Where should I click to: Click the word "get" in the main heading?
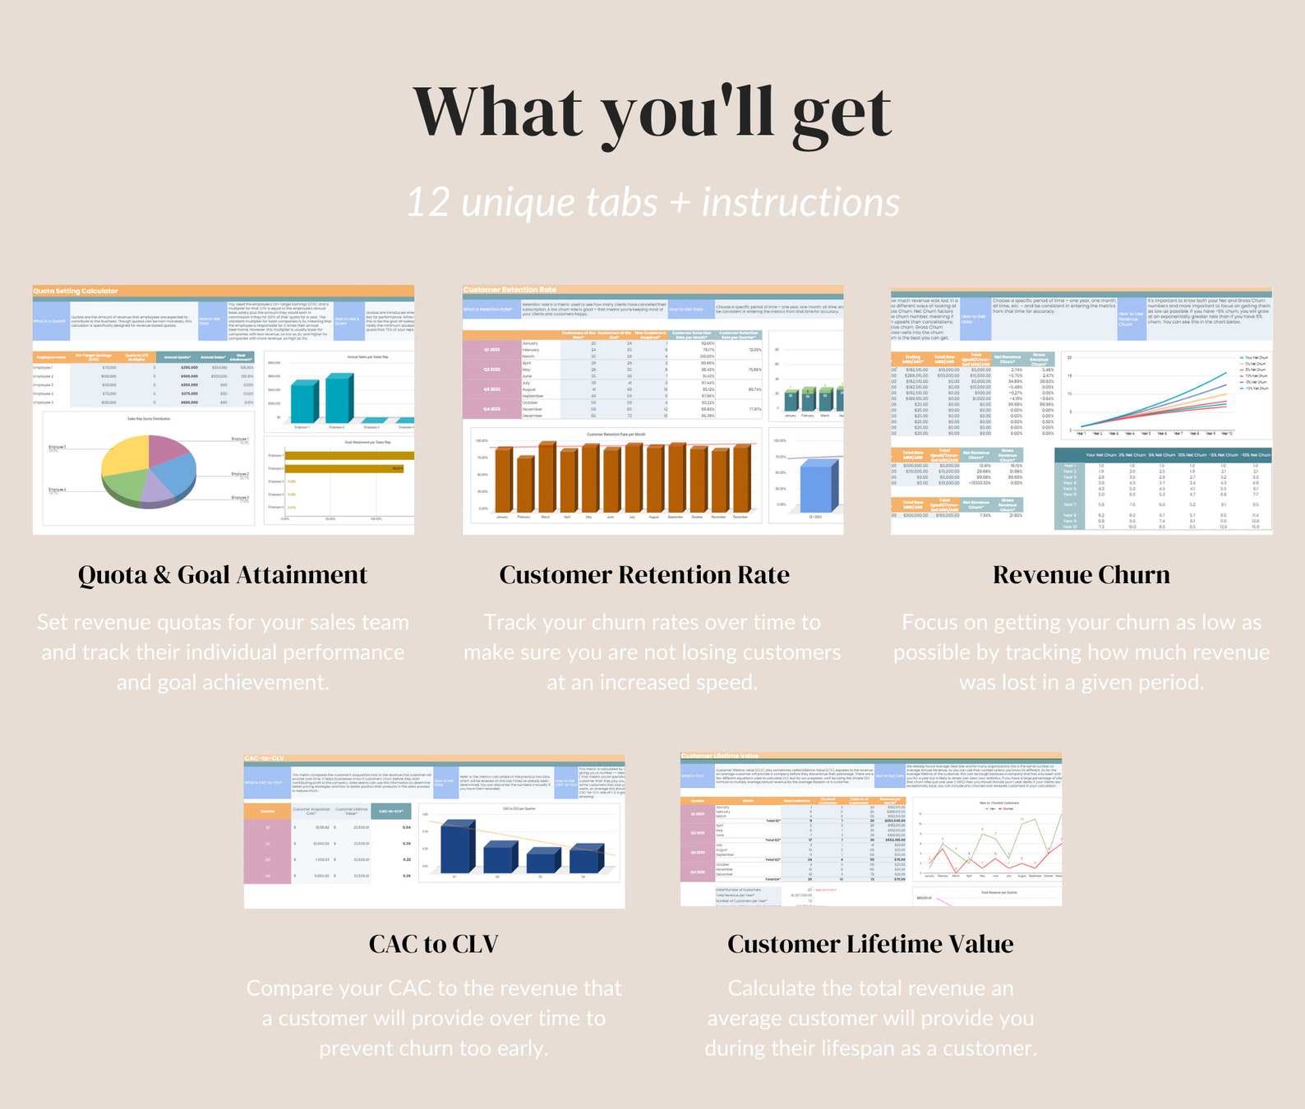[x=842, y=115]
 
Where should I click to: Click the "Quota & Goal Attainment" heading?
[x=223, y=575]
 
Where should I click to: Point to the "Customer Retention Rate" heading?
[x=644, y=575]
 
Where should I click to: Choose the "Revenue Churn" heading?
[x=1081, y=575]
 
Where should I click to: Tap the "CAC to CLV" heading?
[x=434, y=944]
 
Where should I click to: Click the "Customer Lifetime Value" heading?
[x=870, y=944]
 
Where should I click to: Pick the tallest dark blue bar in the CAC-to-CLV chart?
[x=457, y=846]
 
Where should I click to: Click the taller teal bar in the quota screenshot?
[x=339, y=398]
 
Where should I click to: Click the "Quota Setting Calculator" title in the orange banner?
[x=76, y=291]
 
